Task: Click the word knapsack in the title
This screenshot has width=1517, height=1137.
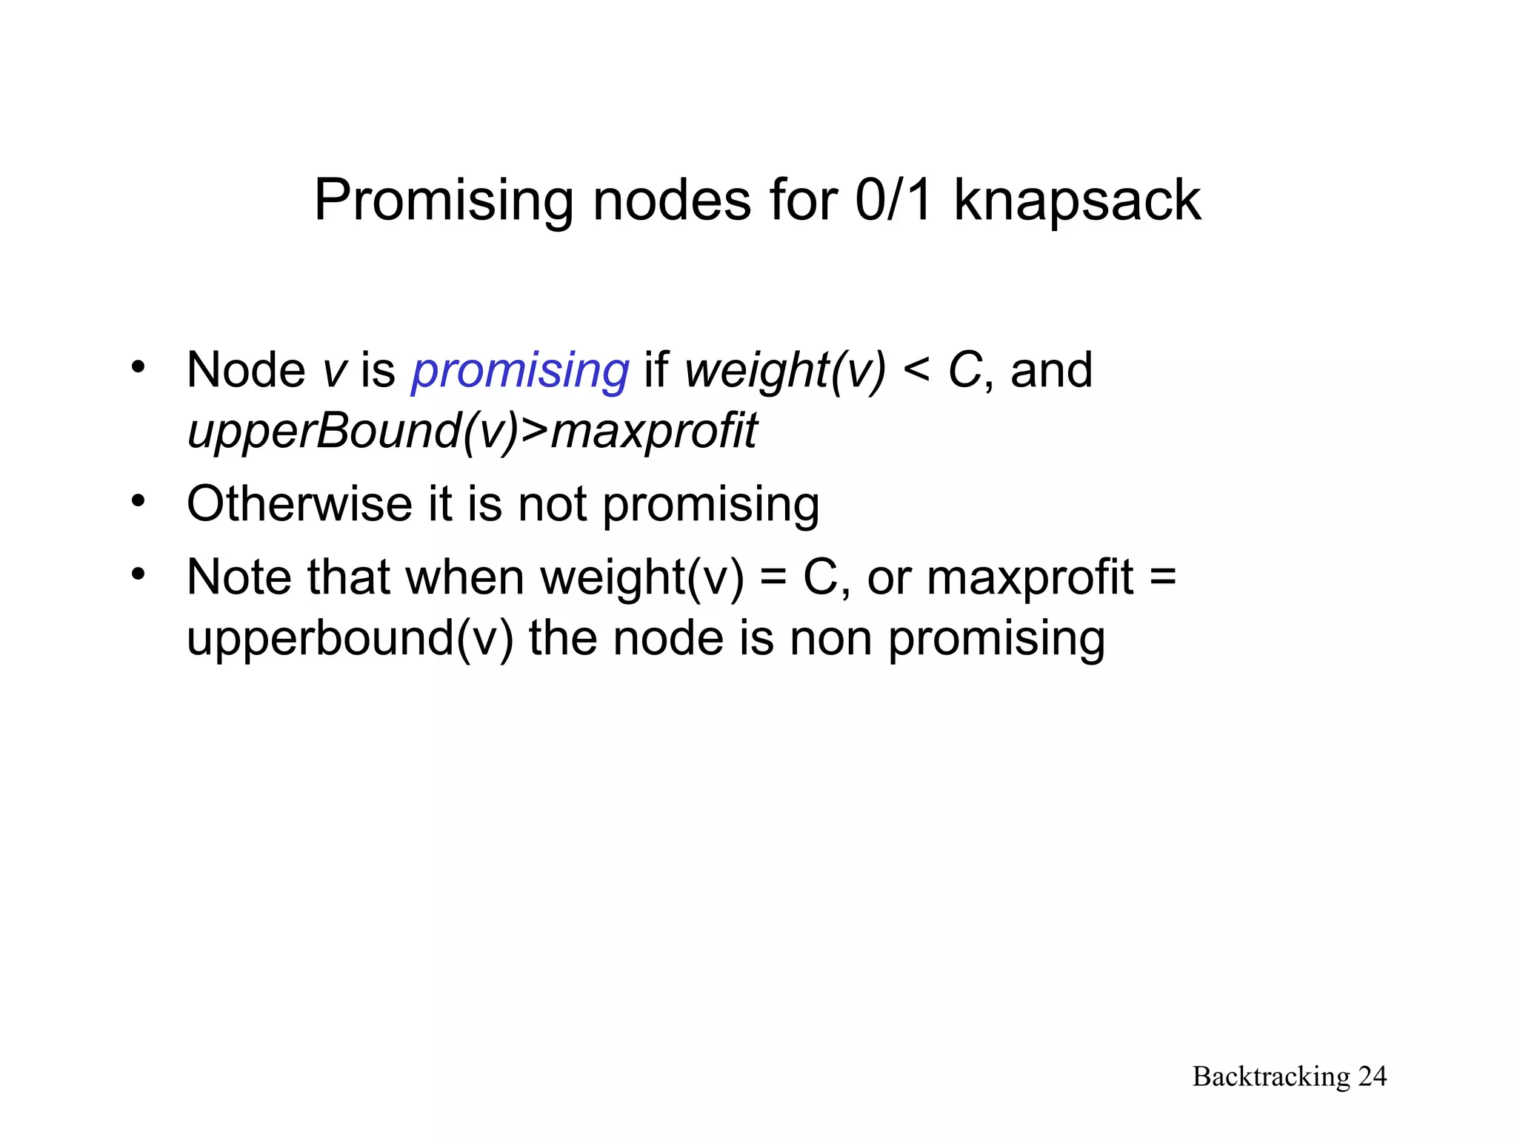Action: [x=1077, y=201]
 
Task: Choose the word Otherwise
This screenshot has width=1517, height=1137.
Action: [x=299, y=504]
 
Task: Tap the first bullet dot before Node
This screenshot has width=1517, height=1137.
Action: [x=138, y=366]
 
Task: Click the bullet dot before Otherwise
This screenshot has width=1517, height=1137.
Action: [x=138, y=501]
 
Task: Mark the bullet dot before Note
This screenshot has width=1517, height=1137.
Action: [x=138, y=574]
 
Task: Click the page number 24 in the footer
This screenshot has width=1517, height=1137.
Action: [x=1372, y=1076]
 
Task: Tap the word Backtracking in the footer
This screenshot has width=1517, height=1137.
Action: [x=1271, y=1076]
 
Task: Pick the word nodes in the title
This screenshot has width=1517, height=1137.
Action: [x=671, y=201]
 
